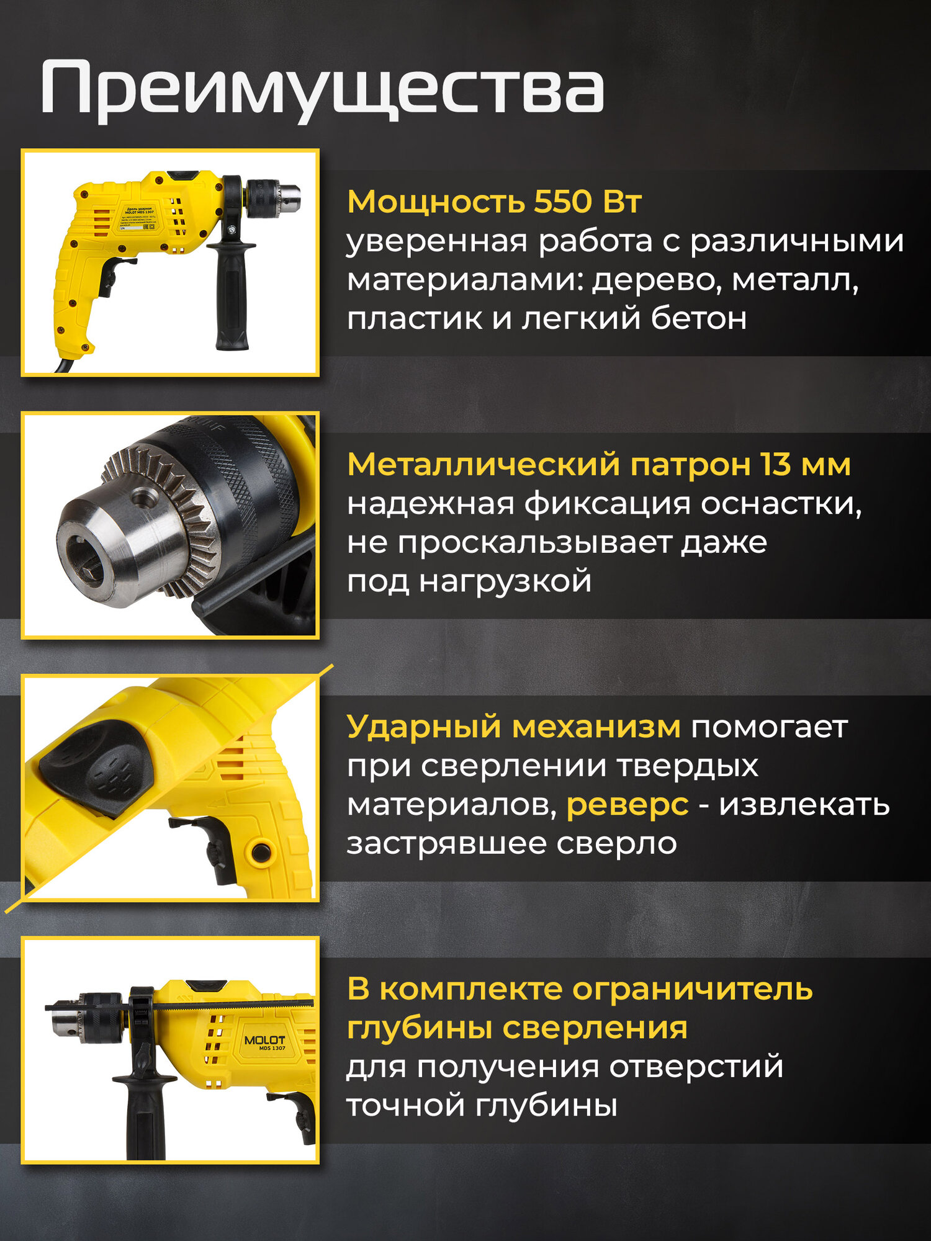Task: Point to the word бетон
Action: click(698, 319)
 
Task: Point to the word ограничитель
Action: click(692, 989)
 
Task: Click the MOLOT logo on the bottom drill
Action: click(264, 1041)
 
